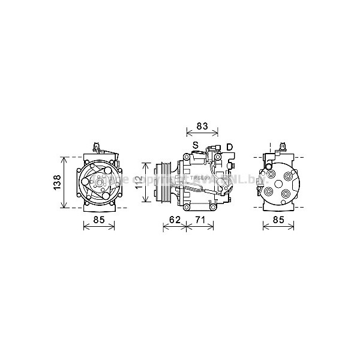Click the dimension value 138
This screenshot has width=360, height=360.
point(56,182)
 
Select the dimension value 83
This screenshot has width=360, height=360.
point(202,126)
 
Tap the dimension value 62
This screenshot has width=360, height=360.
point(175,220)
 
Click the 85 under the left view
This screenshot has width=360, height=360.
point(99,220)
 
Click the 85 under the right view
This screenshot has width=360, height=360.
point(279,220)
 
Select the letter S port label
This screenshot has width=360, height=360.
point(196,146)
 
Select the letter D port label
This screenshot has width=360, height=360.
point(229,147)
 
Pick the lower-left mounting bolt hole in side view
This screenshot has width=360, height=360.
point(187,206)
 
